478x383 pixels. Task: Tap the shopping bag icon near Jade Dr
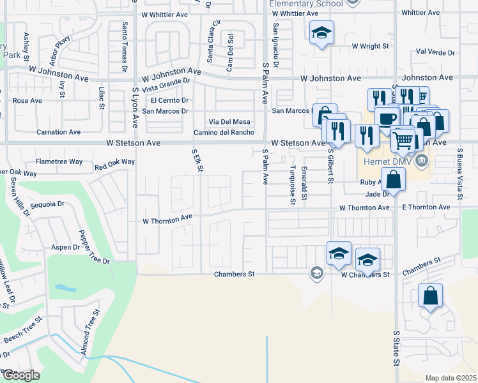coord(394,180)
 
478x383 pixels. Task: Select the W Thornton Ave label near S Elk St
coord(167,218)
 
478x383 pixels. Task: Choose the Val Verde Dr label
coord(435,52)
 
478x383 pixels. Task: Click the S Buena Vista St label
coord(459,174)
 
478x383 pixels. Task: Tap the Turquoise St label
coord(292,185)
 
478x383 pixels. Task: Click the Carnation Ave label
coord(58,132)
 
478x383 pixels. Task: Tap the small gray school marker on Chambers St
coord(316,273)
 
